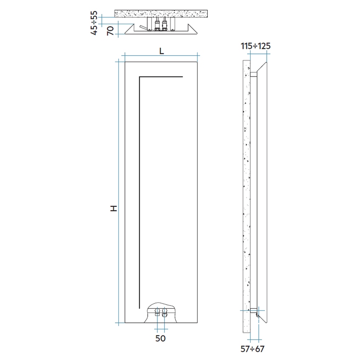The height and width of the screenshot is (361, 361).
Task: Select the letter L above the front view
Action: tap(161, 51)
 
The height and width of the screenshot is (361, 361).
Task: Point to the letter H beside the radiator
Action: tap(113, 209)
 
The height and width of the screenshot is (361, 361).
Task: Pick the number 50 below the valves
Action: tap(161, 338)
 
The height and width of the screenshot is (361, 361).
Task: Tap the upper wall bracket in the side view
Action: tap(254, 74)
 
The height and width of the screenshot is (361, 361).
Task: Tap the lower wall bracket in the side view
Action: tap(254, 310)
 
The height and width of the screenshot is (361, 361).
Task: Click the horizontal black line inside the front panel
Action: tap(161, 77)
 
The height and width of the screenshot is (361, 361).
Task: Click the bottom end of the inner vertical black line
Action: tap(140, 307)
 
